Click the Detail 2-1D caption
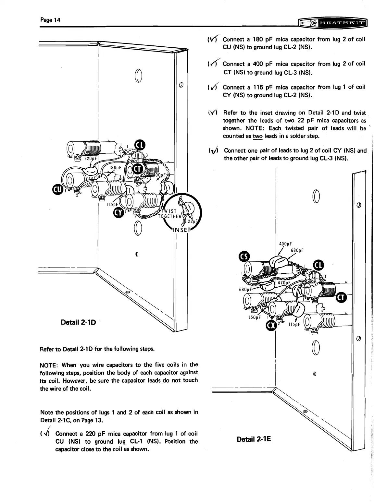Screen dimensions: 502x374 click(x=78, y=322)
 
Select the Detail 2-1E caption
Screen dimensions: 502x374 click(x=254, y=439)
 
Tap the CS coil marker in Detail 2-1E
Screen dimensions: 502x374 click(x=244, y=257)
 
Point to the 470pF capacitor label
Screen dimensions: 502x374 click(x=283, y=282)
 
